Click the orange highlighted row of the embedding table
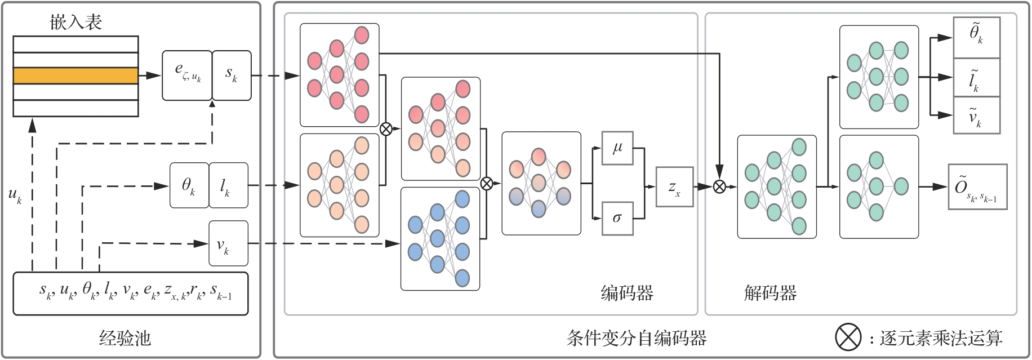75,75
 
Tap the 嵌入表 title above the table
75,23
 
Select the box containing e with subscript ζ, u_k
187,75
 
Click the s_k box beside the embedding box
232,75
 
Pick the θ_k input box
189,185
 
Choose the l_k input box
228,185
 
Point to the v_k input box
228,243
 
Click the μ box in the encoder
617,148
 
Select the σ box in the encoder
617,218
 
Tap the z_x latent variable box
674,186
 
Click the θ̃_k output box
976,37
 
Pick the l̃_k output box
976,77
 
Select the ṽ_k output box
976,115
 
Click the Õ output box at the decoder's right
977,186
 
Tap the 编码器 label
627,293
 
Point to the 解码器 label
770,293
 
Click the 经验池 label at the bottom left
125,338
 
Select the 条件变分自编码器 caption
637,338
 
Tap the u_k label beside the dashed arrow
15,195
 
